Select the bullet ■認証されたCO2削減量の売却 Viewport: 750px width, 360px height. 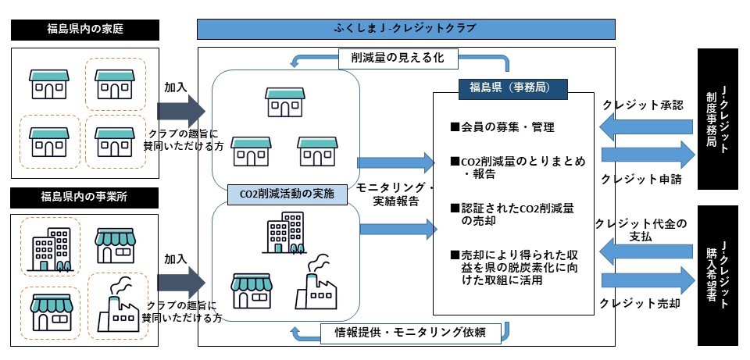[516, 214]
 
